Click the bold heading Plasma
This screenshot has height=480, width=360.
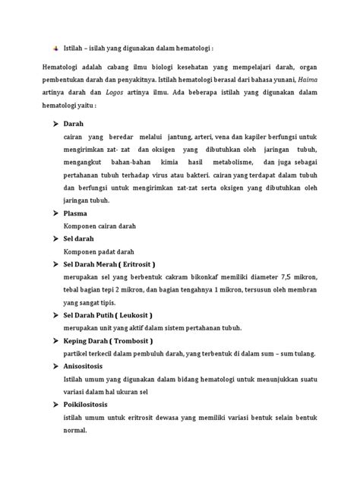(77, 213)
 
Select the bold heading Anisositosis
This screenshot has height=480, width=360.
(88, 365)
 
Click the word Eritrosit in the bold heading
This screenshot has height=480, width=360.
(132, 264)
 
